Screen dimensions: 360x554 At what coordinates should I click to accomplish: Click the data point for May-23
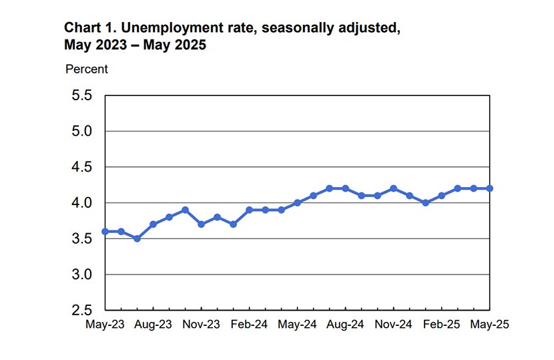[105, 231]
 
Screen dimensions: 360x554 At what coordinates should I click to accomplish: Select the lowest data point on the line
[137, 238]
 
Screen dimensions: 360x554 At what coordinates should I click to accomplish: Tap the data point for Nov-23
[201, 224]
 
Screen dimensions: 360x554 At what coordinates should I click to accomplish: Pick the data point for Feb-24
[249, 210]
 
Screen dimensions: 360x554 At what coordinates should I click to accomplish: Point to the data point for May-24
[297, 202]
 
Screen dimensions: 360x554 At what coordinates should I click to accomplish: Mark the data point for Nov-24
[393, 188]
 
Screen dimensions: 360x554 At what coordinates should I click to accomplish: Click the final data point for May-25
[490, 188]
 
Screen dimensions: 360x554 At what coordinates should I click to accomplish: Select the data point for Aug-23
[153, 224]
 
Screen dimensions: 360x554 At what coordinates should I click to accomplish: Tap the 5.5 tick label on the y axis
[79, 96]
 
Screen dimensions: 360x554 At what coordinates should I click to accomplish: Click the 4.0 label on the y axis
[79, 202]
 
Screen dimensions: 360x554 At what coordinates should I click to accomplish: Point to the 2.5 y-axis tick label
[79, 310]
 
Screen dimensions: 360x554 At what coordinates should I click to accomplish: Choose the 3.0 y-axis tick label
[79, 275]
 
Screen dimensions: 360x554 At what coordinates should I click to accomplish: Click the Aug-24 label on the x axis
[345, 324]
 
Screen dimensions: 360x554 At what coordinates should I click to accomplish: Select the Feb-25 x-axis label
[441, 324]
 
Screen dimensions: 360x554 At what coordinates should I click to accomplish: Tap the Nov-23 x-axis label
[201, 324]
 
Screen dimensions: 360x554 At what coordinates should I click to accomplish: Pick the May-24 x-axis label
[297, 324]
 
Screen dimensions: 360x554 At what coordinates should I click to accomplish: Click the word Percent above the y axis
[86, 69]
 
